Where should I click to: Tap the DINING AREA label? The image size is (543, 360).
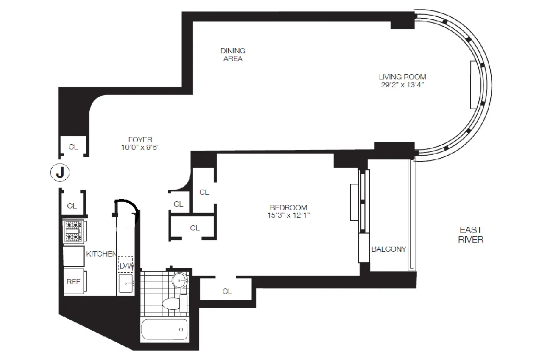click(232, 54)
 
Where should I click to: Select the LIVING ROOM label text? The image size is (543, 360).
click(403, 77)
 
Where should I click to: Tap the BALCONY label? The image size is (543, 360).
click(388, 249)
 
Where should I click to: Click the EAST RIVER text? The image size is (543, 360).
click(470, 235)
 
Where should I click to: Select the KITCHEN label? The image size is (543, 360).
click(101, 254)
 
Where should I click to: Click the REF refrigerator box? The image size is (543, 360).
click(73, 281)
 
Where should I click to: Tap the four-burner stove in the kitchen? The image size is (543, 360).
click(73, 231)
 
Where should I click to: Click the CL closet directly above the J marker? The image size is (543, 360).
click(73, 147)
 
